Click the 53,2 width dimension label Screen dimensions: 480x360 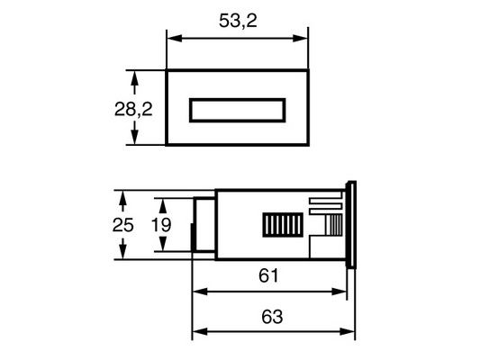click(238, 21)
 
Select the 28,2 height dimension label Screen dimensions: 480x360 click(133, 109)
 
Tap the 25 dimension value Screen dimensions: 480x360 click(122, 225)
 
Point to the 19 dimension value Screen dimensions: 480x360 click(161, 225)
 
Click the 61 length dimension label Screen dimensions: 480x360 click(268, 275)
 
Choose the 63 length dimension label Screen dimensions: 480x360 click(272, 317)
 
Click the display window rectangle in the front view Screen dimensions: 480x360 click(238, 110)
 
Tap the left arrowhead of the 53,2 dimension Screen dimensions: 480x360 click(175, 39)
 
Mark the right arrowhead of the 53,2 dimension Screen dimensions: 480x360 click(300, 39)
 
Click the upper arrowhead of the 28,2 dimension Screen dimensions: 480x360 click(134, 78)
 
